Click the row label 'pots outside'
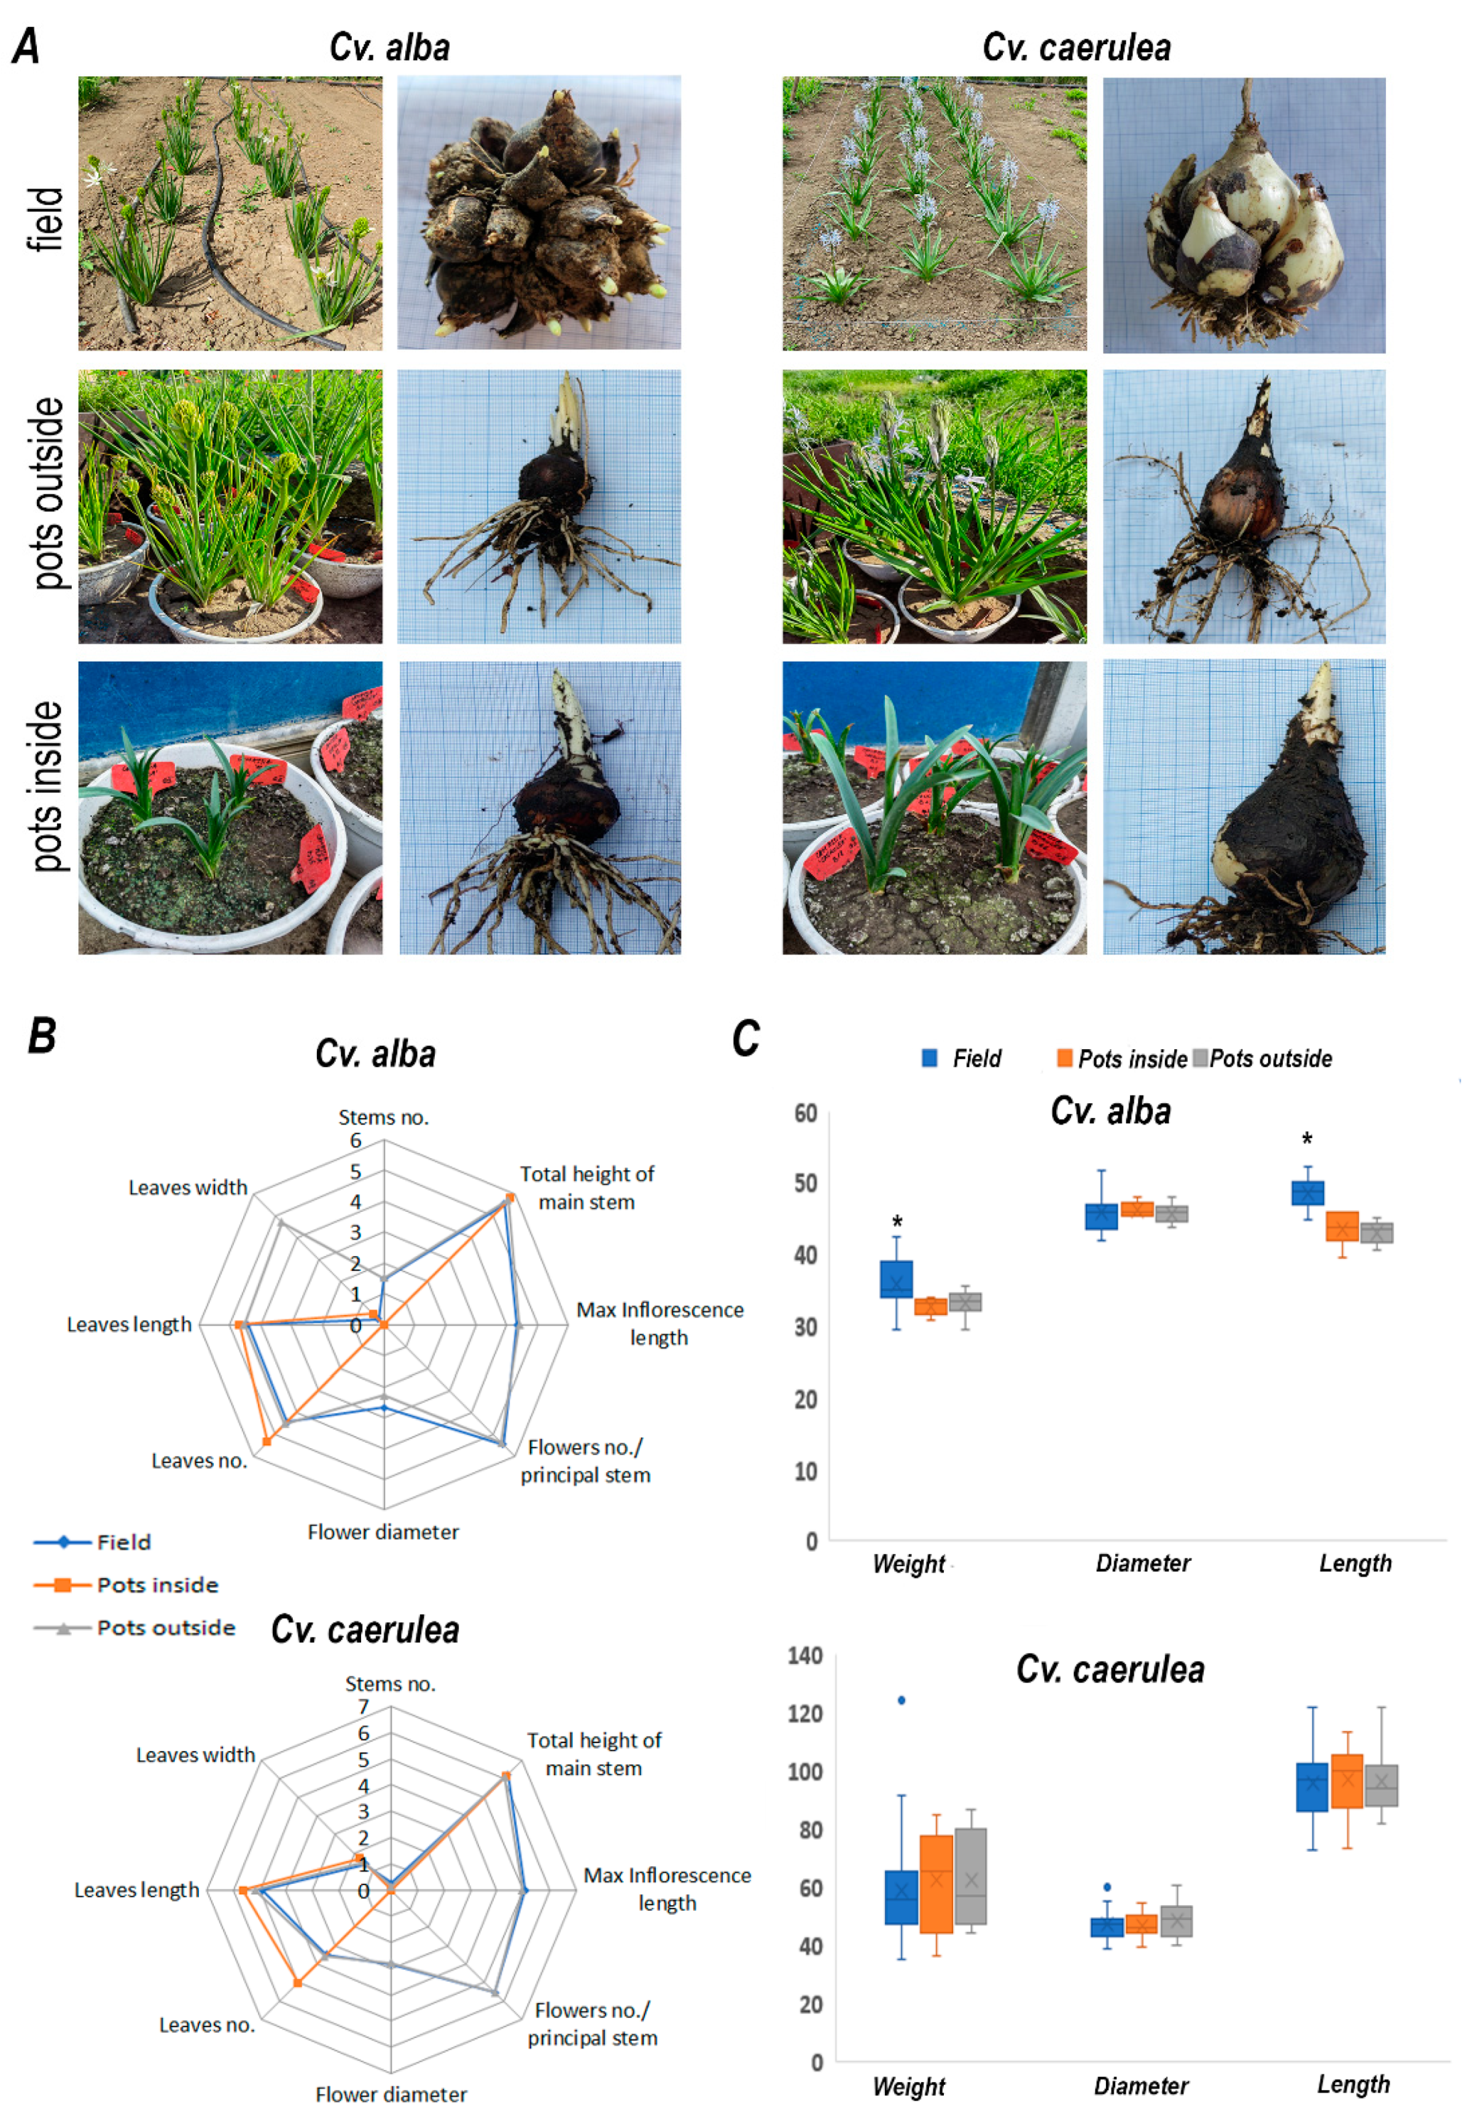point(47,493)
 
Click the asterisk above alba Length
point(1307,1140)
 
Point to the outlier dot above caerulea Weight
point(901,1700)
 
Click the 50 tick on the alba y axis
point(806,1183)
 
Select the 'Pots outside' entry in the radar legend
point(166,1628)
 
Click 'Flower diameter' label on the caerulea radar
point(391,2095)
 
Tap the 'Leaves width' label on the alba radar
point(187,1188)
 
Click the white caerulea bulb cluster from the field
point(1244,216)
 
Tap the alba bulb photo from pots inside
point(540,808)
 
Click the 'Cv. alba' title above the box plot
point(1110,1111)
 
